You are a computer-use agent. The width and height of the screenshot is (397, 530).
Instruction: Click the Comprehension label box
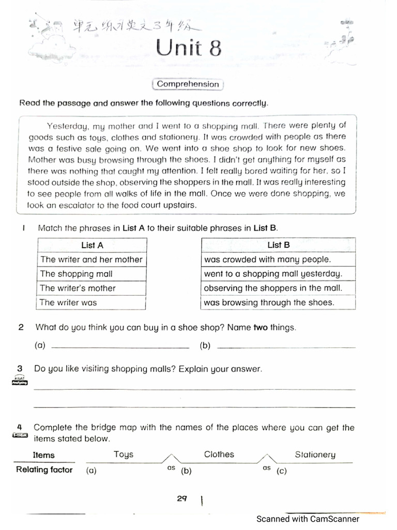click(188, 84)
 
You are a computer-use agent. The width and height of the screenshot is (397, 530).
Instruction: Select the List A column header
click(92, 245)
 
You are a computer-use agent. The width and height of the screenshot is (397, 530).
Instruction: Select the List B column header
click(278, 245)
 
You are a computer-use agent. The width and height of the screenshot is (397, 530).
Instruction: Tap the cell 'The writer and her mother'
click(91, 259)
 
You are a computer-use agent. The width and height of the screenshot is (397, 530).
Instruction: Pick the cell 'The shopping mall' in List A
click(91, 274)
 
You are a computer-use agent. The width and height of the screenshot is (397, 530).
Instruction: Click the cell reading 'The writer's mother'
click(91, 288)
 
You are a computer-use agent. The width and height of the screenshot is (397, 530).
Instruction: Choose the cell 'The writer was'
click(91, 302)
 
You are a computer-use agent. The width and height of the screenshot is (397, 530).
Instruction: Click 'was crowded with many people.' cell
click(278, 259)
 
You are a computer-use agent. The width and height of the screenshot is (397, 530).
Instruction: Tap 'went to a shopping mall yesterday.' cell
click(278, 274)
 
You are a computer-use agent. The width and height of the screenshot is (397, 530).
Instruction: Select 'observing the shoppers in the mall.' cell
click(278, 288)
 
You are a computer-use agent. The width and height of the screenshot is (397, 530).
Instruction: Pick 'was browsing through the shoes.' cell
click(278, 302)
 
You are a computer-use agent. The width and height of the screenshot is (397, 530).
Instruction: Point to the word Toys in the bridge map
click(124, 454)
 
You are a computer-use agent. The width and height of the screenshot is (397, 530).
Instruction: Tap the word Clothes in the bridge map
click(219, 454)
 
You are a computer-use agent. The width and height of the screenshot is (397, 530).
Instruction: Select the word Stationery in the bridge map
click(315, 455)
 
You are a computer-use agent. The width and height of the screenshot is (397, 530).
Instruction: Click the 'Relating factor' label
click(44, 470)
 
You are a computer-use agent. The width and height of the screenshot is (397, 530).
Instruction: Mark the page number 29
click(181, 499)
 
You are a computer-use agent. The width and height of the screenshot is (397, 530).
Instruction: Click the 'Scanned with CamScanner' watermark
click(308, 519)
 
